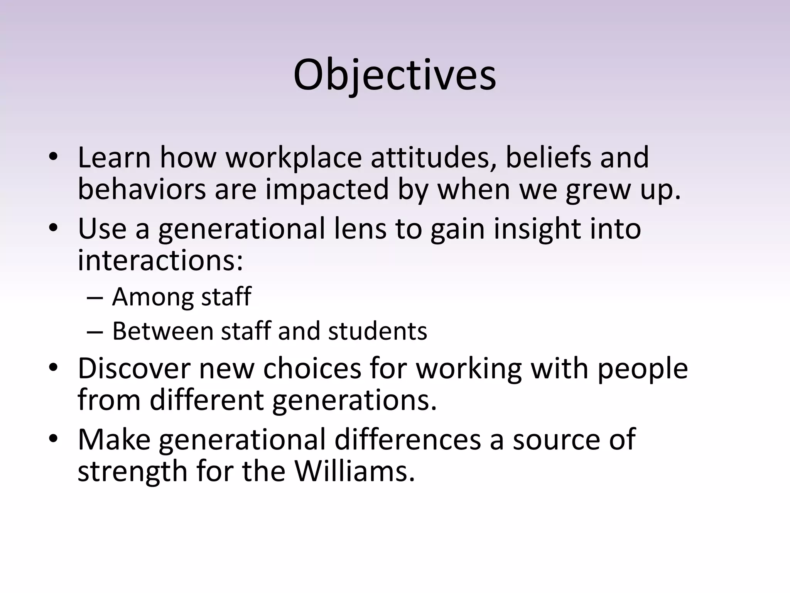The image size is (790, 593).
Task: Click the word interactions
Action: (x=160, y=260)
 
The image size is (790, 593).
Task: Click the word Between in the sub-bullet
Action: (x=162, y=331)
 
